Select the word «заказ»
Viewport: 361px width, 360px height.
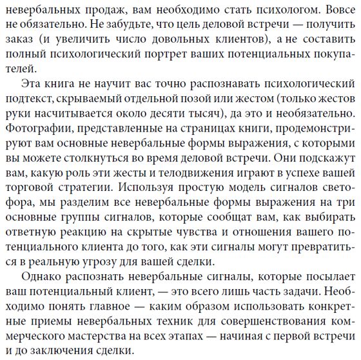20,41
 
